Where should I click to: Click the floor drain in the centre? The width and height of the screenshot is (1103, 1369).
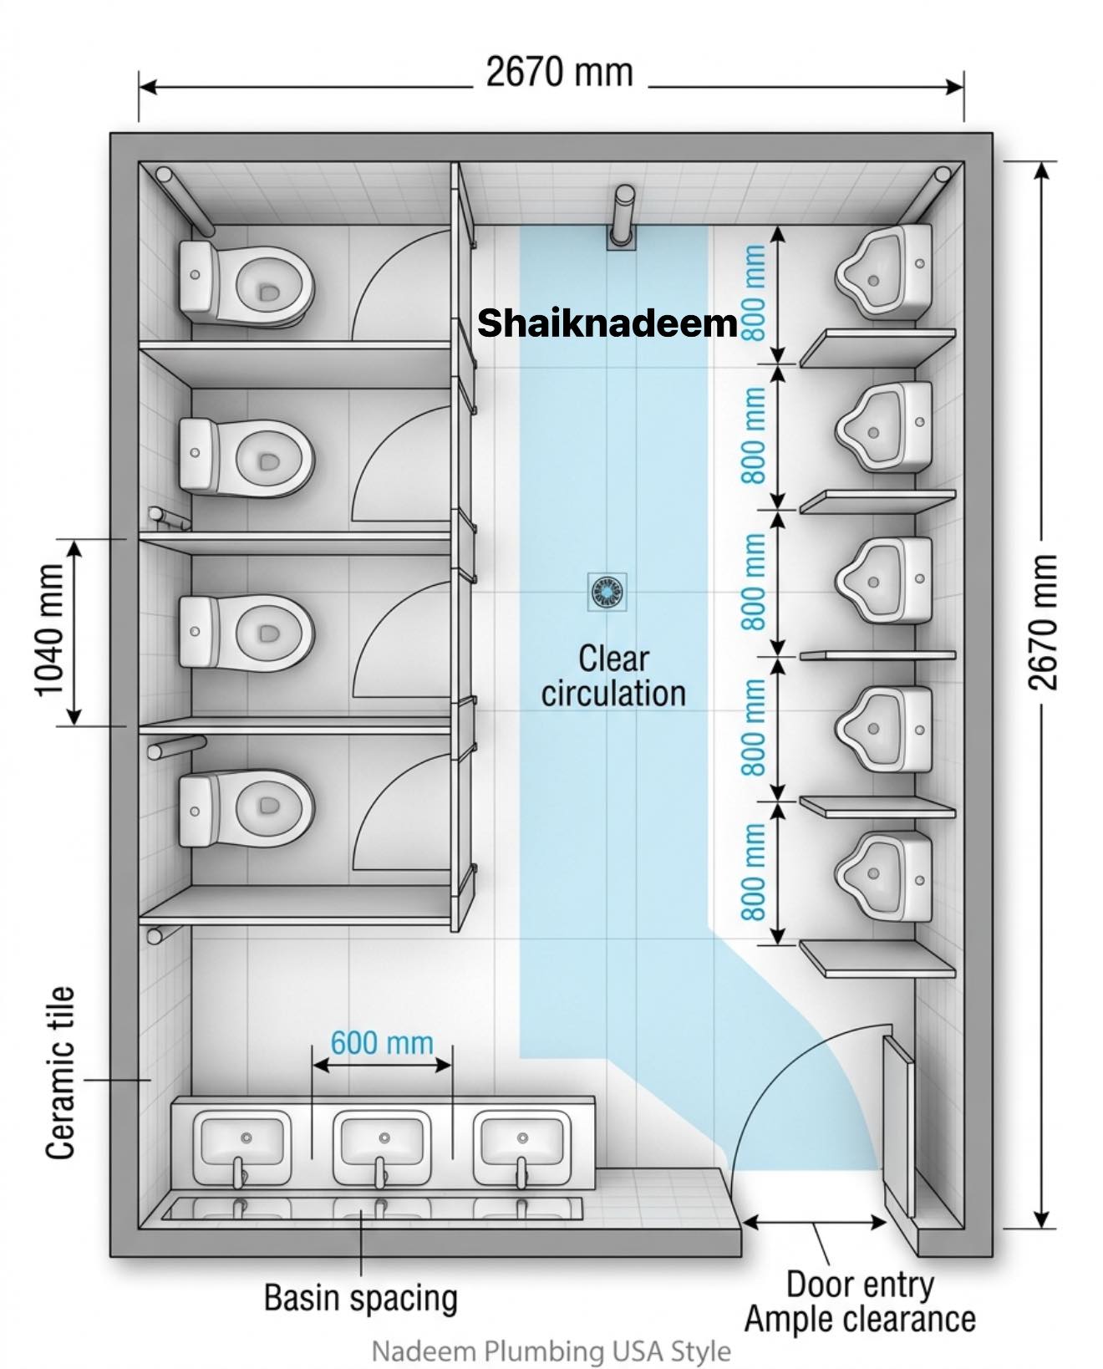coord(607,593)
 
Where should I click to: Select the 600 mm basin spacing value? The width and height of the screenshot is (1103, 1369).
coord(382,1043)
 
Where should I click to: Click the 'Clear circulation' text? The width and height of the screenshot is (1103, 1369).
coord(614,675)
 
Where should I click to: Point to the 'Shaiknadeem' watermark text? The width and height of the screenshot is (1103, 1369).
coord(607,323)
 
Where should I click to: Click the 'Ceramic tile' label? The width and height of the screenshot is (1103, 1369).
coord(60,1072)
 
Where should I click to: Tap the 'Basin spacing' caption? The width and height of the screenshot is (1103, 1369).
coord(361,1297)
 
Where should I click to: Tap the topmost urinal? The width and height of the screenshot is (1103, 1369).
coord(884,272)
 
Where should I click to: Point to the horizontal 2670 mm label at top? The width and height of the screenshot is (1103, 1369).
coord(560,72)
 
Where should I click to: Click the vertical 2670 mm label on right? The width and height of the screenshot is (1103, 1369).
coord(1043,622)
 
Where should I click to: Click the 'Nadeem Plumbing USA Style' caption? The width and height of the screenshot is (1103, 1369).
coord(551,1351)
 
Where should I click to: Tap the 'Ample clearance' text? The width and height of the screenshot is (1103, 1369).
coord(860,1319)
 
